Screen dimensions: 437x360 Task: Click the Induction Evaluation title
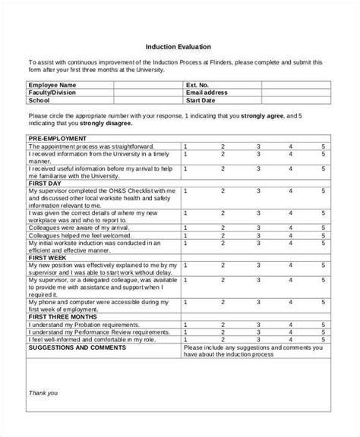click(x=179, y=46)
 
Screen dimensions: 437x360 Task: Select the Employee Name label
click(x=52, y=85)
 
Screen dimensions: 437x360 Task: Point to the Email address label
click(x=208, y=93)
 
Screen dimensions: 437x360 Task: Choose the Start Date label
click(x=203, y=99)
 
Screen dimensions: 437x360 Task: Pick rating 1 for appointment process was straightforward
click(x=186, y=146)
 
